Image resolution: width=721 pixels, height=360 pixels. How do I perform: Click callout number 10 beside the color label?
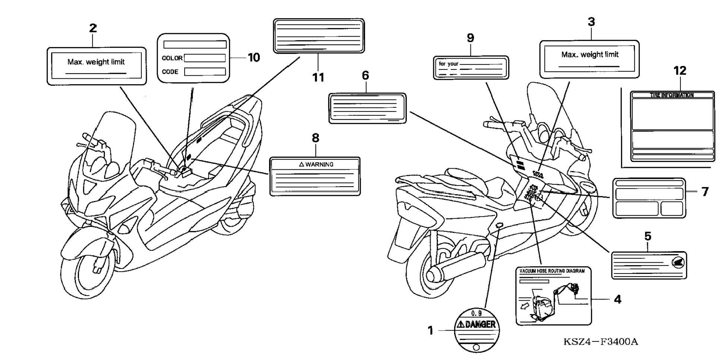click(x=254, y=58)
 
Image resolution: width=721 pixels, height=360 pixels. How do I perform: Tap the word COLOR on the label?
click(x=172, y=58)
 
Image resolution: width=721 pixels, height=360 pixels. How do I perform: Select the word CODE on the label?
click(x=170, y=72)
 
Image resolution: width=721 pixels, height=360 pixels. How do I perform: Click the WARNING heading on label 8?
click(x=316, y=164)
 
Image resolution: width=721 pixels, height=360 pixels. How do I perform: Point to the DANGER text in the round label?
click(x=477, y=325)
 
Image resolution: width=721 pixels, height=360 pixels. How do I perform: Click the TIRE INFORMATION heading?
click(x=672, y=95)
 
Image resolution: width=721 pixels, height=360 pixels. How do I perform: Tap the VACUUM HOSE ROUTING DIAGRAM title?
click(x=552, y=271)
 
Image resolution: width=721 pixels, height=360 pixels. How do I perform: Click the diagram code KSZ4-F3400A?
click(x=601, y=342)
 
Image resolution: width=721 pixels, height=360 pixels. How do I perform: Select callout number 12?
click(x=680, y=71)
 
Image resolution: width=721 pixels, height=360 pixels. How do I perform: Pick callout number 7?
click(x=705, y=192)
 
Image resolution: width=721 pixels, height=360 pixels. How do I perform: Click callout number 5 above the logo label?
click(x=648, y=236)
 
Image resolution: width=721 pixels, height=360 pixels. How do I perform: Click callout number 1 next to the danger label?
click(x=430, y=331)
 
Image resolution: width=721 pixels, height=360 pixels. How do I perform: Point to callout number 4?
click(x=617, y=299)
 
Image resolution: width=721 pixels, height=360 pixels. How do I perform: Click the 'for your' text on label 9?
click(x=448, y=64)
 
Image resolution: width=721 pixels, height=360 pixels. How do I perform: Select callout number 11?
click(x=318, y=78)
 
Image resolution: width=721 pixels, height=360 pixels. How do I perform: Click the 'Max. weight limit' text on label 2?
click(x=96, y=62)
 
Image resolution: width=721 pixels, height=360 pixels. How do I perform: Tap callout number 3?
click(x=591, y=22)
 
